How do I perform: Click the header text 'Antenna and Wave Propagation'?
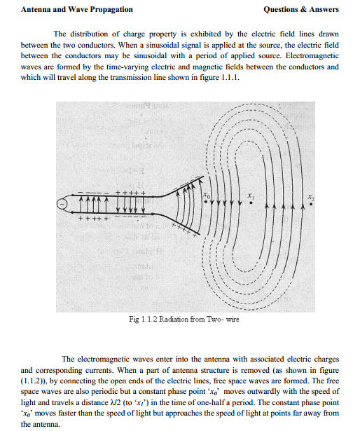coord(67,10)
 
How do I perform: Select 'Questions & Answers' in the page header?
coord(300,10)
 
